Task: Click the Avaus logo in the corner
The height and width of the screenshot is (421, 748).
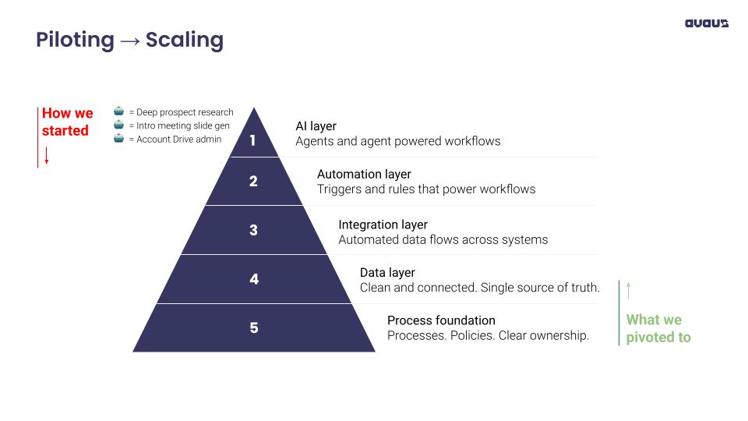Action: click(x=706, y=23)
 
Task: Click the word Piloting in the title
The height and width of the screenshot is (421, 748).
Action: click(x=75, y=41)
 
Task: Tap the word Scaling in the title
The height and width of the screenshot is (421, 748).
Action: click(x=185, y=41)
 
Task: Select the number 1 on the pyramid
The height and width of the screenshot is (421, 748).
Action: click(x=252, y=141)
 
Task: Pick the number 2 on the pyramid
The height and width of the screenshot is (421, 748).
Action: click(x=253, y=182)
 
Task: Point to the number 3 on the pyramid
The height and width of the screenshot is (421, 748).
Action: click(x=253, y=230)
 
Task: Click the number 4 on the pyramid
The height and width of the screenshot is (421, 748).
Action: click(x=254, y=279)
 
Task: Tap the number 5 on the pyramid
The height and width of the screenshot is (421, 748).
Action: click(x=254, y=327)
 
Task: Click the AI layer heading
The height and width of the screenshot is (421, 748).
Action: click(x=316, y=126)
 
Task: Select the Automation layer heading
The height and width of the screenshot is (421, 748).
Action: click(x=364, y=175)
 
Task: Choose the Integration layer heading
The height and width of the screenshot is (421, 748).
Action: click(x=383, y=225)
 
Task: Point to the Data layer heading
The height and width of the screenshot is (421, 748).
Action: click(x=387, y=273)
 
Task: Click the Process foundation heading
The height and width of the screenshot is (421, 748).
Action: click(x=441, y=320)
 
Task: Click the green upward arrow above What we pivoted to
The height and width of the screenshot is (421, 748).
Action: click(x=628, y=290)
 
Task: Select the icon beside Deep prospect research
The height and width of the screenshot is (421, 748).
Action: click(x=118, y=111)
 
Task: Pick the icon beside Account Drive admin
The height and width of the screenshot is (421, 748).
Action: click(x=118, y=139)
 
